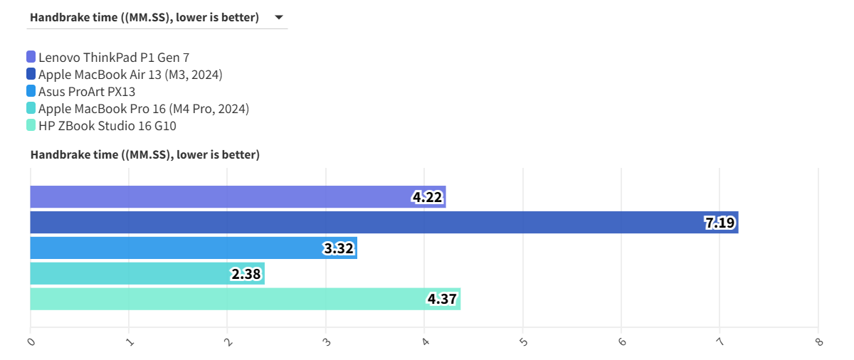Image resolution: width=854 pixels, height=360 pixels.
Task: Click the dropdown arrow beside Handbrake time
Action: (x=279, y=17)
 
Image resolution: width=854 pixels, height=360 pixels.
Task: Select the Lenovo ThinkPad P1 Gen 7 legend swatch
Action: (x=31, y=57)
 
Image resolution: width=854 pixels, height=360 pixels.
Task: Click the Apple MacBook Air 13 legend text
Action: (x=130, y=74)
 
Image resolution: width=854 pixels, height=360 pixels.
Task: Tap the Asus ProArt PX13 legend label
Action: (x=87, y=91)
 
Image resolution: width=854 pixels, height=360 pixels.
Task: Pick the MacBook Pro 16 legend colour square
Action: (x=31, y=109)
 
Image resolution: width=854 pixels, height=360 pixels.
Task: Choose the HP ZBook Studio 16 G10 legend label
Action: (x=107, y=126)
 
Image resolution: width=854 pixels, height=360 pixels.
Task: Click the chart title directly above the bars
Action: (x=145, y=154)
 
